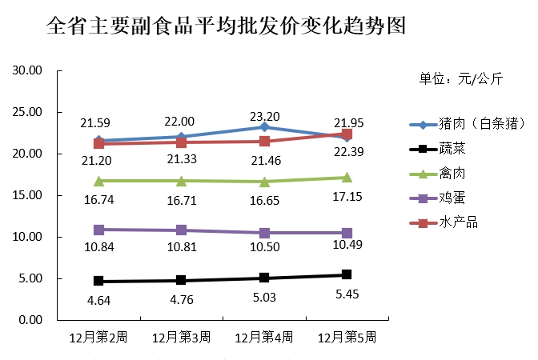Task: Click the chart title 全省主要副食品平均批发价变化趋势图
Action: [x=226, y=27]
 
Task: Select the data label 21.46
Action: [x=263, y=161]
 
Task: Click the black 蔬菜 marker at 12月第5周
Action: [x=346, y=274]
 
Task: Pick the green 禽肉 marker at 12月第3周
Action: [x=181, y=181]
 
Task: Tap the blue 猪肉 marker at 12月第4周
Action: [x=263, y=127]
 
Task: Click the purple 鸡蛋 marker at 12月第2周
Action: [x=98, y=230]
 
